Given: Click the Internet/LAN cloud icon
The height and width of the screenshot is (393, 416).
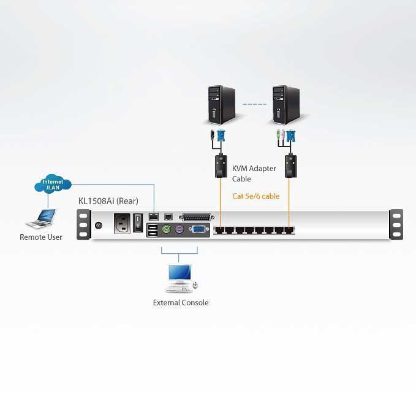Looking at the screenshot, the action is click(53, 184).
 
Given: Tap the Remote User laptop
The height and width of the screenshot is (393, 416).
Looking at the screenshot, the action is click(42, 219).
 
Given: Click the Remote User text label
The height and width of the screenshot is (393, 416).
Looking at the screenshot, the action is click(41, 237).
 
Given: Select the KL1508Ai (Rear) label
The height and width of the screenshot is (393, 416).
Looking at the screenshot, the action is click(108, 201).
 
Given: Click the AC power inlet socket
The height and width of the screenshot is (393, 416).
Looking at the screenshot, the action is click(122, 224).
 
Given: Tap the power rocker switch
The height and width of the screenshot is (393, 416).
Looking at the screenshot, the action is click(138, 223).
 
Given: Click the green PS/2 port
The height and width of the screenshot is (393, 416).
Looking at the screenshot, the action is click(166, 229).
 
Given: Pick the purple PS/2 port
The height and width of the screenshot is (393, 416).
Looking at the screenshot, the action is click(180, 229).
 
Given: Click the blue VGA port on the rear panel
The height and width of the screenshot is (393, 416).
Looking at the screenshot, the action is click(198, 229).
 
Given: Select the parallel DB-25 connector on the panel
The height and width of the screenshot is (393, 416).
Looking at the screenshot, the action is click(197, 218).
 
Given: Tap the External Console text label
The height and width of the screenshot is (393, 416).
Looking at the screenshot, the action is click(181, 302).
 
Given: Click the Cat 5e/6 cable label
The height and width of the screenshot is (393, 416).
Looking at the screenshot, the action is click(255, 196).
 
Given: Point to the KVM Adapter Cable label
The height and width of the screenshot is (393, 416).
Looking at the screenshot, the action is click(254, 174).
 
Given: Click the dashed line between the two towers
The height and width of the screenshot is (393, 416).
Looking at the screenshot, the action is click(254, 104).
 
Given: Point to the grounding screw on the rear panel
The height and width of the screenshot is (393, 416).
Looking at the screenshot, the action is click(99, 226).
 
